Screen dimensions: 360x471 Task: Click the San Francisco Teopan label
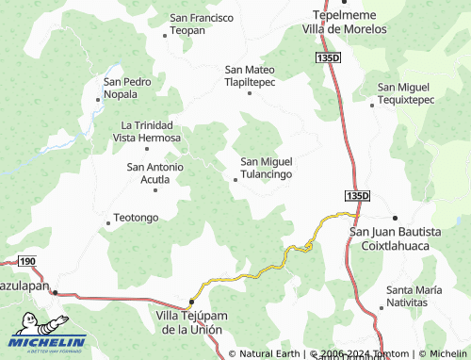[201, 25]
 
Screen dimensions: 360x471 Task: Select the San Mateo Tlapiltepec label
[250, 74]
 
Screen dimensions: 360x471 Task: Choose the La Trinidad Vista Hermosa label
[146, 131]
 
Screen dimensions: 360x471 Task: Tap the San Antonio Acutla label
[154, 173]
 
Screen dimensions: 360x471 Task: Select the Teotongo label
[136, 218]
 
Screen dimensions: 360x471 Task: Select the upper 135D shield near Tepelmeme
[326, 58]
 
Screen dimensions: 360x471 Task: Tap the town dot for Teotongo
[107, 223]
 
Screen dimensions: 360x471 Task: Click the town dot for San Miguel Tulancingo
[235, 179]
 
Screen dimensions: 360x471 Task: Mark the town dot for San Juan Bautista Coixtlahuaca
[395, 218]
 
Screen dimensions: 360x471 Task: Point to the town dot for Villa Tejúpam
[191, 302]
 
